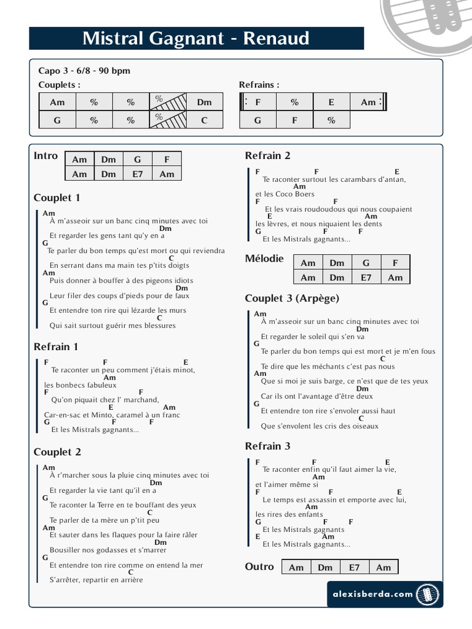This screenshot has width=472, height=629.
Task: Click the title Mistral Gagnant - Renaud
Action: click(196, 39)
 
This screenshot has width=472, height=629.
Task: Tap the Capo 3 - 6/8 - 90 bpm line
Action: click(84, 71)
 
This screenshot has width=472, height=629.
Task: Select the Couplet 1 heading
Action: click(57, 198)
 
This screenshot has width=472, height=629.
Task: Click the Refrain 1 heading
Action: click(56, 347)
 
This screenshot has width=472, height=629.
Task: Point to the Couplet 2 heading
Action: click(57, 452)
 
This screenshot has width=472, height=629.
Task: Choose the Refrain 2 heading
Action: click(267, 155)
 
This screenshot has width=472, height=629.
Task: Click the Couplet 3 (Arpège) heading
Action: click(292, 299)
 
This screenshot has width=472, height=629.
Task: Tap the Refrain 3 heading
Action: click(267, 446)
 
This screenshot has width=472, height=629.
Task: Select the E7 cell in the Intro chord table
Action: click(138, 174)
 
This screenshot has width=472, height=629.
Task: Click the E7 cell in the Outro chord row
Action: click(355, 567)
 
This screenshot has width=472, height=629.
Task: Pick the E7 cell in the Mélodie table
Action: click(366, 277)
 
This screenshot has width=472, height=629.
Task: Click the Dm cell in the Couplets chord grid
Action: click(205, 102)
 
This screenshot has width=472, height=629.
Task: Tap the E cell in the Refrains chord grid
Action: click(331, 102)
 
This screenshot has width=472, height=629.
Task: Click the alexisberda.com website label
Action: click(370, 594)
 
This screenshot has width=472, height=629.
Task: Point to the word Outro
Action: click(259, 566)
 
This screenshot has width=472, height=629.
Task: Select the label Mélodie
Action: click(264, 259)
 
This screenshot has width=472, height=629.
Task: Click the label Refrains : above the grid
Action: click(259, 85)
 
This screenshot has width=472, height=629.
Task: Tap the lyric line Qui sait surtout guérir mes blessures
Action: click(112, 326)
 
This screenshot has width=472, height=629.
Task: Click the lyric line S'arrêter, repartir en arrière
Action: click(96, 580)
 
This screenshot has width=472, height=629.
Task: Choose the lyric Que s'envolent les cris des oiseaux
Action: click(320, 426)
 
